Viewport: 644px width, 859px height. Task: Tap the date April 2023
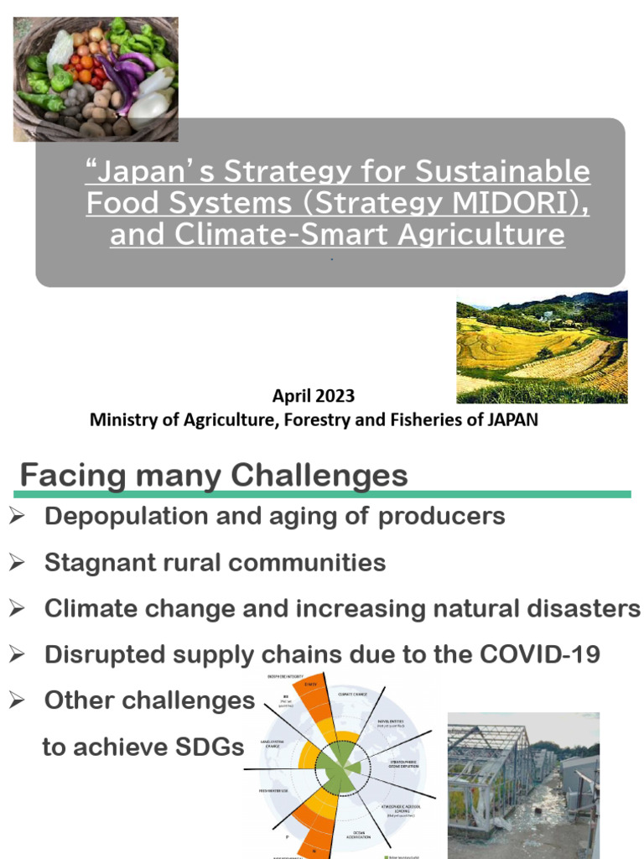(x=313, y=395)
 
